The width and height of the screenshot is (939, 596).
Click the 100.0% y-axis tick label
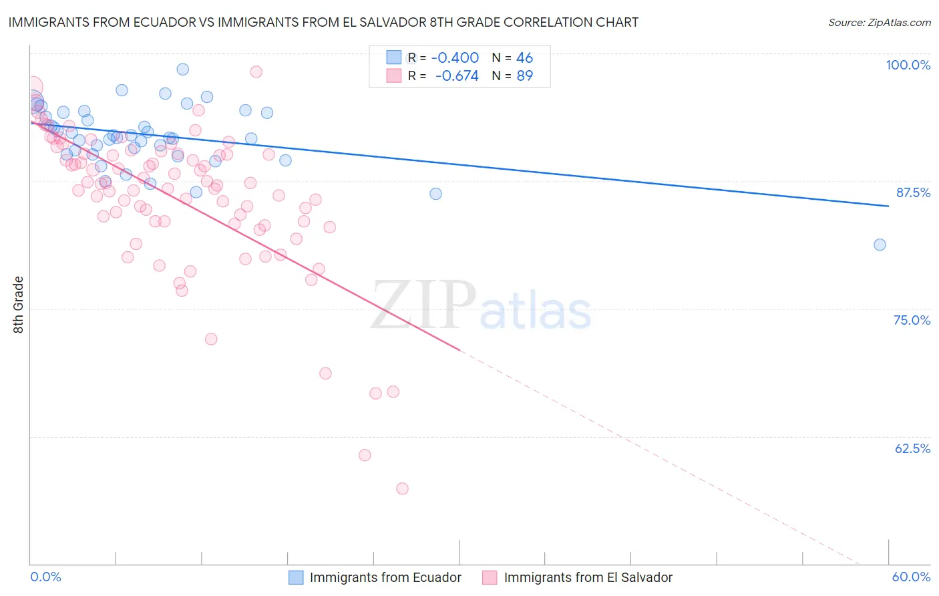[x=908, y=65]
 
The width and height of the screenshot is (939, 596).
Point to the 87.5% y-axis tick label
[x=912, y=192]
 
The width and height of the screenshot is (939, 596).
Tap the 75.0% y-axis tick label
[x=912, y=320]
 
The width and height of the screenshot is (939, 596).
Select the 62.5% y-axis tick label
[x=912, y=448]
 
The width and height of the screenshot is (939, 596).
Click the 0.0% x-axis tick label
[x=45, y=577]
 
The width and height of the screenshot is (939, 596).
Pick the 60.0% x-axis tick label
[x=911, y=577]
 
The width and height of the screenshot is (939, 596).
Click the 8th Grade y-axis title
[x=18, y=305]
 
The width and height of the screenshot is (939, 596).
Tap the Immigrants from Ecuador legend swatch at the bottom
[x=296, y=577]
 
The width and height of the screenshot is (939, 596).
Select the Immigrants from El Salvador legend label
[x=588, y=577]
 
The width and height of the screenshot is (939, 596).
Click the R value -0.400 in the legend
[x=455, y=58]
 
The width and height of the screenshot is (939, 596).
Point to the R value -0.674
[x=457, y=76]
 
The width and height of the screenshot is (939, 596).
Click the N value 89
[x=524, y=76]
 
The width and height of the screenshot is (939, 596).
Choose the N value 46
[x=524, y=58]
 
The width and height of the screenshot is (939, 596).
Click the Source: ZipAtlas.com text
[x=879, y=23]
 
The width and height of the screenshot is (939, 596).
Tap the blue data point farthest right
[x=880, y=245]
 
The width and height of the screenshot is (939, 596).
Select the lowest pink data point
[x=402, y=488]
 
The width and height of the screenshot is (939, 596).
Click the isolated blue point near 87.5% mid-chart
[x=435, y=194]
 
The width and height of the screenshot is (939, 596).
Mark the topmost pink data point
[x=256, y=71]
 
